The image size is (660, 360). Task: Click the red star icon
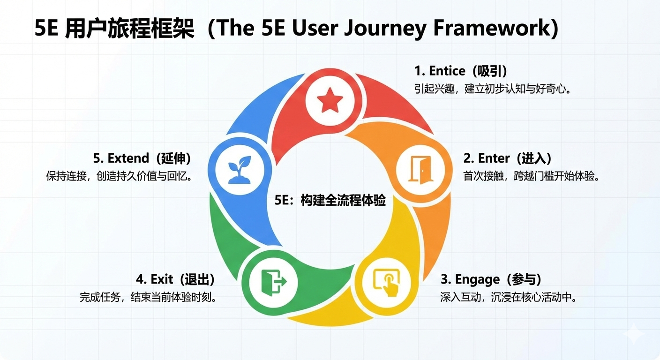click(330, 100)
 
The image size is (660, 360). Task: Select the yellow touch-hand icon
click(386, 282)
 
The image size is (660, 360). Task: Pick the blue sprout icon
click(240, 169)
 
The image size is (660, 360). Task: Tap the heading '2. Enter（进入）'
click(508, 158)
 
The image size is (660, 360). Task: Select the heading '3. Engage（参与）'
click(491, 279)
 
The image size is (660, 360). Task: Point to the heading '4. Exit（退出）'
click(175, 279)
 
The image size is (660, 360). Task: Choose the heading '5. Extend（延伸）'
click(142, 158)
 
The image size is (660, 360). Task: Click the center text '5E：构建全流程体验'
click(330, 201)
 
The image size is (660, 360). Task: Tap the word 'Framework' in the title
click(492, 29)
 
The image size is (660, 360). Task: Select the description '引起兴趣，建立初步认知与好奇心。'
click(492, 89)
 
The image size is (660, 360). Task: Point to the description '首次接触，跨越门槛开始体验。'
click(532, 176)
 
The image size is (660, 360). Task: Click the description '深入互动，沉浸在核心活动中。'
click(508, 297)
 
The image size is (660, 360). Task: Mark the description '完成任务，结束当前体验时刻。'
click(148, 297)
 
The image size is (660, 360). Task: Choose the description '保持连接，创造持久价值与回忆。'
click(120, 176)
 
